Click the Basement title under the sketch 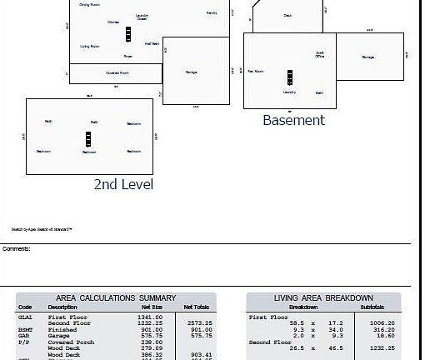coord(293,120)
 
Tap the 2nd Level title coord(122,184)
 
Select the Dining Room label coord(90,5)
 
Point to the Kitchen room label coord(113,22)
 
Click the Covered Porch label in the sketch coord(117,73)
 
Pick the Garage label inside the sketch coord(192,72)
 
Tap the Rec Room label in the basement coord(256,72)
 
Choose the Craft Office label coord(319,55)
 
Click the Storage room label coord(367,57)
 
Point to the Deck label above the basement coord(287,15)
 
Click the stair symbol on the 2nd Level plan coord(88,139)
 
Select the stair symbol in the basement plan coord(289,77)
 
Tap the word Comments coord(16,248)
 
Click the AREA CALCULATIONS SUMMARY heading coord(116,297)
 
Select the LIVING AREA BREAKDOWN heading coord(323,297)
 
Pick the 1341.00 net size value coord(151,317)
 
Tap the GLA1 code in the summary coord(25,317)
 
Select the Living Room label coord(90,47)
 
